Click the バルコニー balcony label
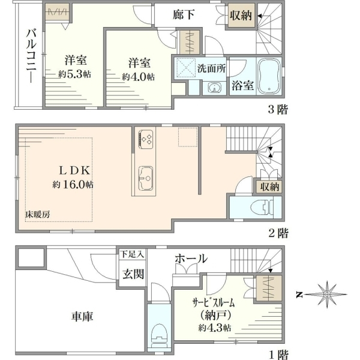tap(31, 56)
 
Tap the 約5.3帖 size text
tap(74, 74)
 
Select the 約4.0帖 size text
tap(138, 77)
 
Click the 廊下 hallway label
tap(184, 14)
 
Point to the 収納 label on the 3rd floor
tap(241, 16)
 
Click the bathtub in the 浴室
tap(269, 76)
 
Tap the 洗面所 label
tap(211, 68)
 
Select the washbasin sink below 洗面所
tap(214, 88)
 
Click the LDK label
tap(74, 170)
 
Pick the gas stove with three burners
tap(146, 139)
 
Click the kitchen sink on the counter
tap(146, 178)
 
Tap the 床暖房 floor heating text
tap(38, 214)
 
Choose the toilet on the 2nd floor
tap(262, 207)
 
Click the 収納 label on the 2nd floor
tap(269, 187)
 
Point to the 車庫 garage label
tap(82, 317)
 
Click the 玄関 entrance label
tap(133, 274)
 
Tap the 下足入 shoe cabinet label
tap(132, 254)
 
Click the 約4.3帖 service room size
tap(214, 328)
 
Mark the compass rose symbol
tap(326, 294)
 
